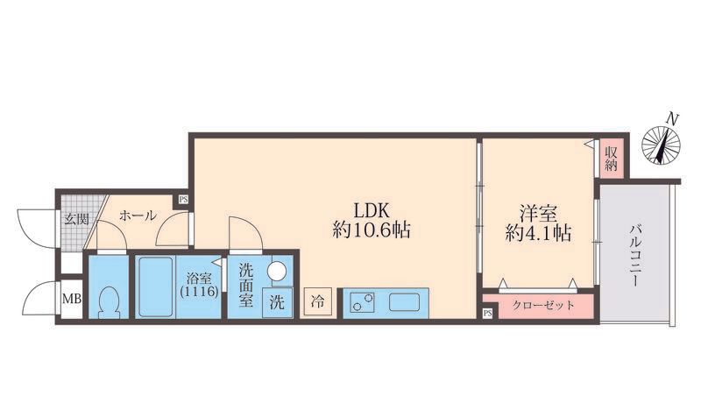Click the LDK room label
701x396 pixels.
372,210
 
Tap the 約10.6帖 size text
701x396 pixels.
372,230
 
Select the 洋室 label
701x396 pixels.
538,213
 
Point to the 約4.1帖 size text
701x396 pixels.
538,233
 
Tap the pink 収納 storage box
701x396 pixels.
611,159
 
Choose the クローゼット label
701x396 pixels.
543,306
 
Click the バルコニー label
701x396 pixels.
636,255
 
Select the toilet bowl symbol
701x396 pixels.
109,302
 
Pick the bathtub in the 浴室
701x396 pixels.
155,286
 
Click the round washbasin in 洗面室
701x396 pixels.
277,271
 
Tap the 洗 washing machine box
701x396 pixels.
277,302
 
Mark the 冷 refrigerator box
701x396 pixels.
318,301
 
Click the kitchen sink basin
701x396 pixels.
404,302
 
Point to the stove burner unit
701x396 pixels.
362,301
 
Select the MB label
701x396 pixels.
72,299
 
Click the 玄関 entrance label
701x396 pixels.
76,219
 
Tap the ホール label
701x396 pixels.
138,216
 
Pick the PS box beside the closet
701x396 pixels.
488,314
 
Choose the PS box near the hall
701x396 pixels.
183,200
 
